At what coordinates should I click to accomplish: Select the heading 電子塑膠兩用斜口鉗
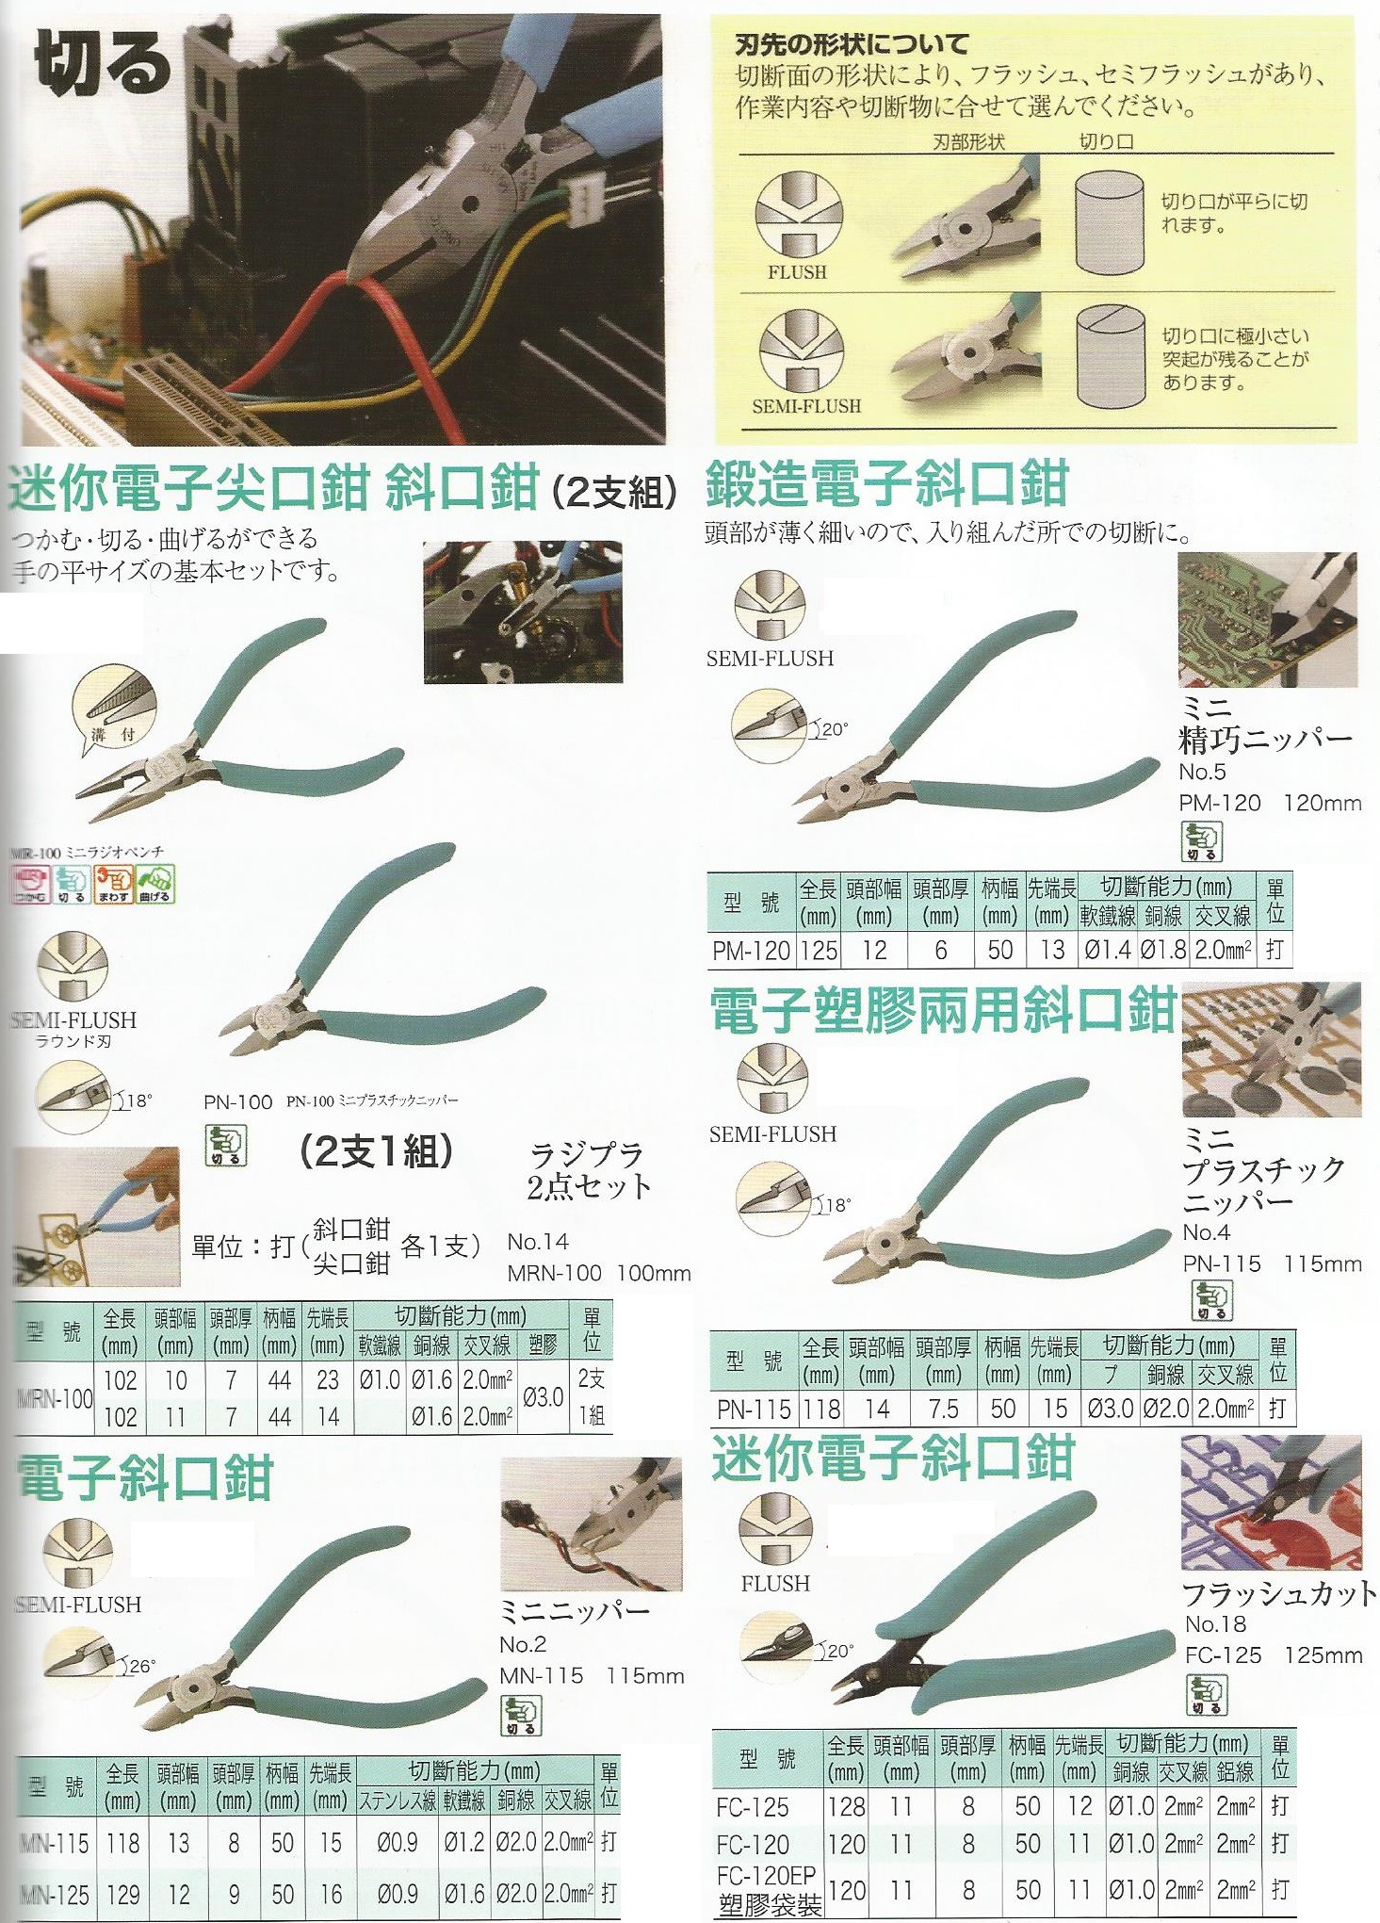coord(943,1010)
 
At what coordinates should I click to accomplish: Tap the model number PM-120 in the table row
coord(750,950)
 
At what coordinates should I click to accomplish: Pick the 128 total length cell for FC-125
coord(846,1806)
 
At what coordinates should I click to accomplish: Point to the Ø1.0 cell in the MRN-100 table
coord(380,1381)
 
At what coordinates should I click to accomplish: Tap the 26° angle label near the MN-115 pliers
coord(140,1667)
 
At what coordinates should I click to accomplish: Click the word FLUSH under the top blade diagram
coord(797,272)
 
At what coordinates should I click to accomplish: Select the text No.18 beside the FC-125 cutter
coord(1215,1624)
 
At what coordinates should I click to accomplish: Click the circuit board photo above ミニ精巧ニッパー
coord(1268,619)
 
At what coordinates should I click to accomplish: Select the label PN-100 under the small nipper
coord(237,1101)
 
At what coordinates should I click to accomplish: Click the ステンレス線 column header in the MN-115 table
coord(397,1800)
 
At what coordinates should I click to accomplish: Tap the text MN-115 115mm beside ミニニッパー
coord(591,1676)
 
